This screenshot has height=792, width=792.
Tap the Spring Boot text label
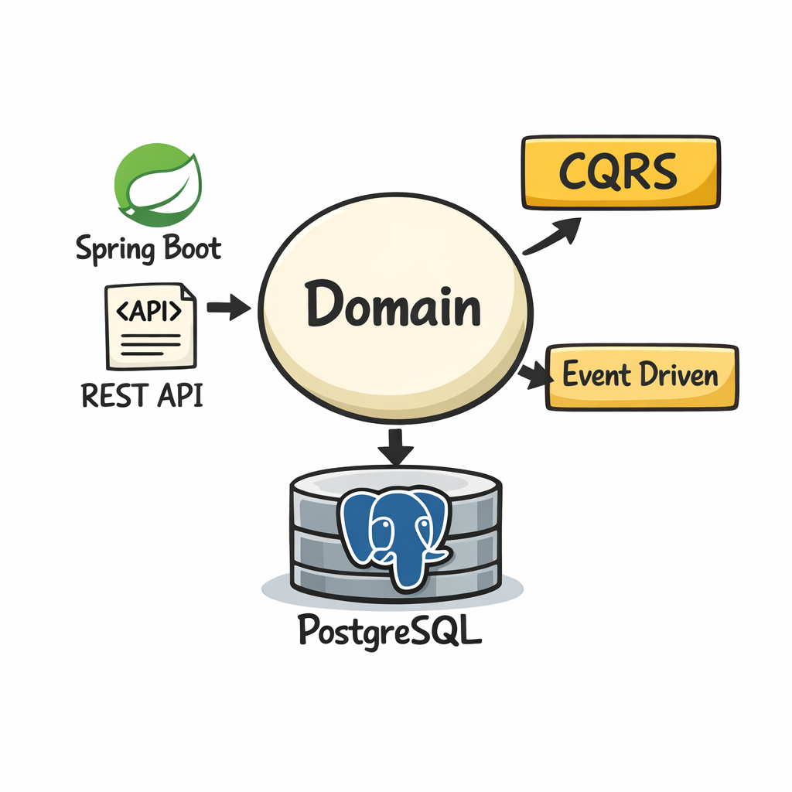pos(148,249)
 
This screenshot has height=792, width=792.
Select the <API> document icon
pos(151,326)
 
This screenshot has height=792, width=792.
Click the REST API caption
pos(142,395)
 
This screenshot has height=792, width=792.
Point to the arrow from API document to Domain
pos(229,308)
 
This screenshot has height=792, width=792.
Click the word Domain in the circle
pos(393,306)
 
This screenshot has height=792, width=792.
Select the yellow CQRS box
pos(620,172)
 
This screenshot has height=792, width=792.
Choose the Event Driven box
pos(641,377)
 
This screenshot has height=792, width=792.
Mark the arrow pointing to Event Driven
pos(533,376)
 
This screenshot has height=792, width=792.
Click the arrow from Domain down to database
pos(396,447)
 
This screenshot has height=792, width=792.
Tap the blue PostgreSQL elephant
pos(395,534)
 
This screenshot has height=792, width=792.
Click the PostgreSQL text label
pos(390,631)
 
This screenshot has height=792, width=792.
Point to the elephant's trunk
pos(408,568)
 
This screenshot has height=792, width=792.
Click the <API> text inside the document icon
pos(149,310)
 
